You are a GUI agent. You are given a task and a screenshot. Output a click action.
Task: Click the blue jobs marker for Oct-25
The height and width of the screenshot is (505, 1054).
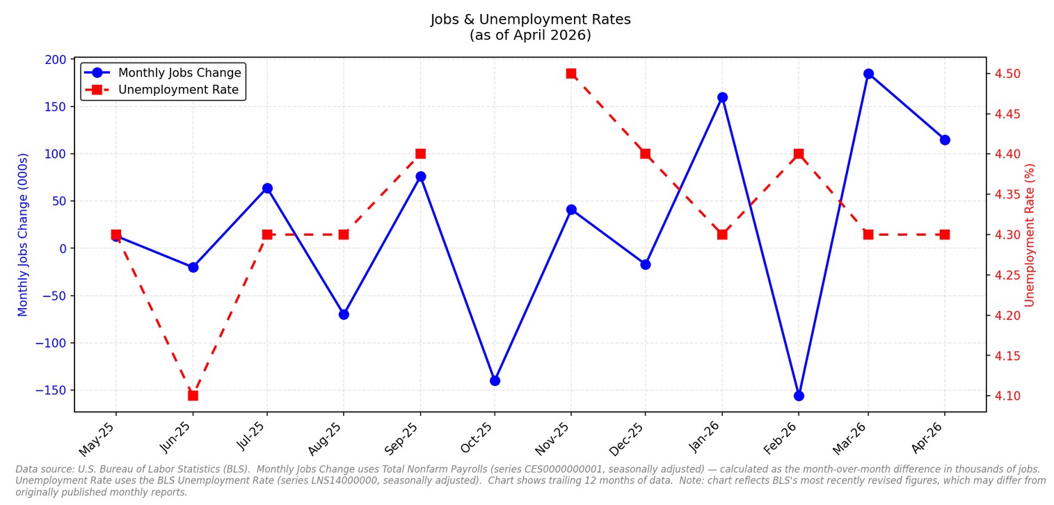tap(495, 380)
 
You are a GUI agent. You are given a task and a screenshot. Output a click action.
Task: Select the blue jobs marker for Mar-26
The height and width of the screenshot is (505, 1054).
tap(869, 74)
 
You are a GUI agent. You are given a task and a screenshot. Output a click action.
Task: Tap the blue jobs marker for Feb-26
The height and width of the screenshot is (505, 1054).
tap(799, 396)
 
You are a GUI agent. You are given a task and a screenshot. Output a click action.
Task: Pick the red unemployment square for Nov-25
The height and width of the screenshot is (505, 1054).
tap(571, 74)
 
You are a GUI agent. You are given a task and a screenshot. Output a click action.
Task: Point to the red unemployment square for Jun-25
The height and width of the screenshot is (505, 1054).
tap(193, 396)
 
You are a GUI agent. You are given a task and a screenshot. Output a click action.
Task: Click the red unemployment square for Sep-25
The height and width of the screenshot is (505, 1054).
tap(421, 154)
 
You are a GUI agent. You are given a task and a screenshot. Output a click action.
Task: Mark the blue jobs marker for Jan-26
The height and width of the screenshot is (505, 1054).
tap(723, 97)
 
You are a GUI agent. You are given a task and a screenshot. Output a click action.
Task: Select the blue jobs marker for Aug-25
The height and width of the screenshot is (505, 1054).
tap(344, 314)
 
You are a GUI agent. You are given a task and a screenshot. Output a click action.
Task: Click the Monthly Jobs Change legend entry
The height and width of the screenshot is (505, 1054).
tap(163, 72)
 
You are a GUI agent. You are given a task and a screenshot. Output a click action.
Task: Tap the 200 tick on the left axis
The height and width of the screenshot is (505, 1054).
tap(56, 60)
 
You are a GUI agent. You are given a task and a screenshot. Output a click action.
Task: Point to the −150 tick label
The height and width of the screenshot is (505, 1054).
tap(51, 391)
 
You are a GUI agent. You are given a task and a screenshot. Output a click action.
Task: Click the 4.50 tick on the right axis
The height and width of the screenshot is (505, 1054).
tap(1007, 74)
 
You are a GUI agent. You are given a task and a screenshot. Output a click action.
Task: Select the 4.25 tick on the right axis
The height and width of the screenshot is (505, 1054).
tap(1007, 275)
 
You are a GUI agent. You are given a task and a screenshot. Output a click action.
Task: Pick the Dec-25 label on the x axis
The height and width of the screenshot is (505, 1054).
tap(626, 439)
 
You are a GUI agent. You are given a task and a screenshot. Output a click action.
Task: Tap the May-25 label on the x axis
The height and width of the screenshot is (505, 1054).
tap(97, 439)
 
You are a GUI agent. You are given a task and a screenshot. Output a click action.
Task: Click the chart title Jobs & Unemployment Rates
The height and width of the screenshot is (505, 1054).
tap(530, 19)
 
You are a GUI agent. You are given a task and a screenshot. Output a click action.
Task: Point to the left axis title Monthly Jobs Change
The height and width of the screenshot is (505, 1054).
tap(22, 235)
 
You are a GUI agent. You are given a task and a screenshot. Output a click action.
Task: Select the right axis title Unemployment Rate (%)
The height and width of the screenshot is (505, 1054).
tap(1030, 235)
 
